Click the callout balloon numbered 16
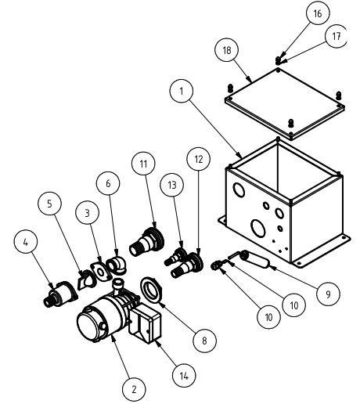click(x=317, y=13)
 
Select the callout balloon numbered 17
click(x=337, y=36)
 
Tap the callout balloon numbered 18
click(x=227, y=50)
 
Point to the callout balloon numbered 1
click(x=182, y=91)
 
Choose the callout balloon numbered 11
click(x=143, y=164)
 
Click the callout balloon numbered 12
click(x=199, y=159)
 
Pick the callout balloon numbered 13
click(x=172, y=185)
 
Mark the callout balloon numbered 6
click(x=108, y=183)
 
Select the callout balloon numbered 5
click(x=50, y=204)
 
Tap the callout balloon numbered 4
click(x=25, y=242)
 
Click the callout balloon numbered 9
click(x=328, y=294)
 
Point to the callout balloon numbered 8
click(x=205, y=340)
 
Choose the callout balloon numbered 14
click(x=184, y=376)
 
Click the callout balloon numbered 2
click(x=134, y=389)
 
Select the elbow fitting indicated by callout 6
click(x=117, y=265)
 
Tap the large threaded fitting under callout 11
click(x=147, y=242)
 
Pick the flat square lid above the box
click(x=285, y=104)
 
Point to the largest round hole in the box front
click(x=257, y=228)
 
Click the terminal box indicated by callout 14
click(x=145, y=323)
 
